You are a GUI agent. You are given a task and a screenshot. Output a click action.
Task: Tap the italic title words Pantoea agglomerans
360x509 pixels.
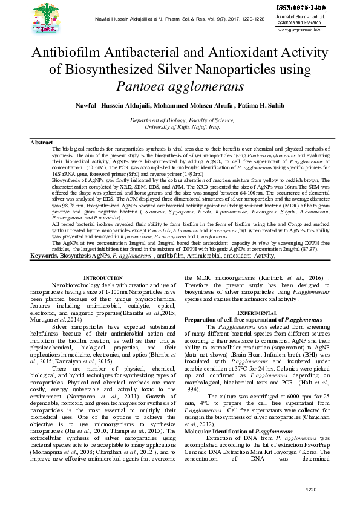tap(180, 85)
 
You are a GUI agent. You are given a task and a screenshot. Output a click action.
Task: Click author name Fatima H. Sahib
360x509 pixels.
tap(263, 106)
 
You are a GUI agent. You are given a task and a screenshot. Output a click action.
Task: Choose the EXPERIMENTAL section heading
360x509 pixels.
tap(257, 312)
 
